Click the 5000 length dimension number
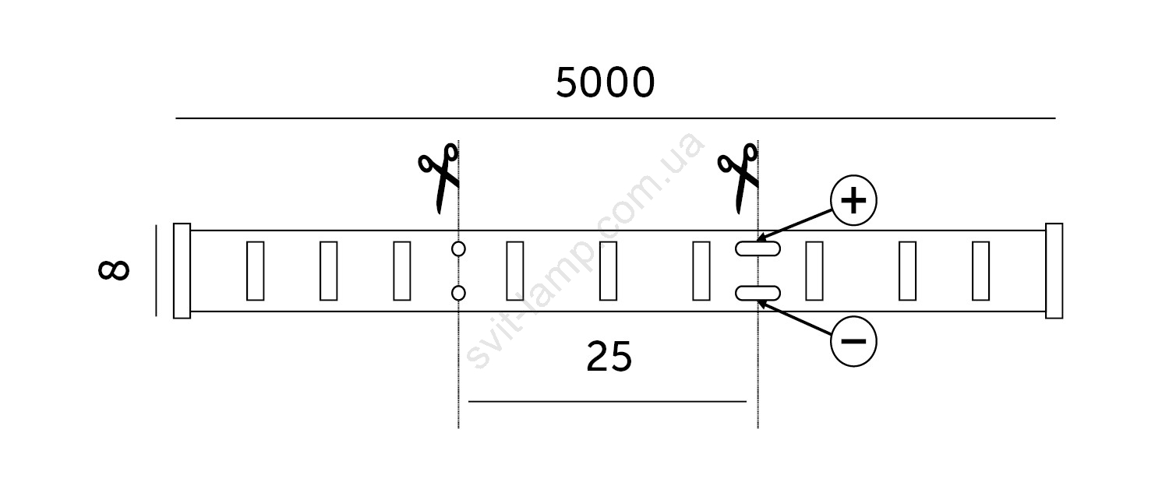click(605, 83)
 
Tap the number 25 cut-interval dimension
click(609, 357)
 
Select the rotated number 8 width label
click(114, 270)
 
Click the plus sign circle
click(853, 200)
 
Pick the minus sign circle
click(853, 341)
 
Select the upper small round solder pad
click(458, 249)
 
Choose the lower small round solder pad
click(458, 294)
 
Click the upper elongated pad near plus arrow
click(758, 248)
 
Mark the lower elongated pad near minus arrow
click(758, 294)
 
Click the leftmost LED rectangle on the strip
click(255, 270)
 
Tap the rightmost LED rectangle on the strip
click(980, 270)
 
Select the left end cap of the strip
click(182, 270)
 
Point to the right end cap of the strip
click(1054, 270)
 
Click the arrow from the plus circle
click(794, 225)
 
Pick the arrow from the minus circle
click(794, 317)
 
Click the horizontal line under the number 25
click(607, 401)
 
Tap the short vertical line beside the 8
click(156, 270)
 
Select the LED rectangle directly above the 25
click(608, 270)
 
